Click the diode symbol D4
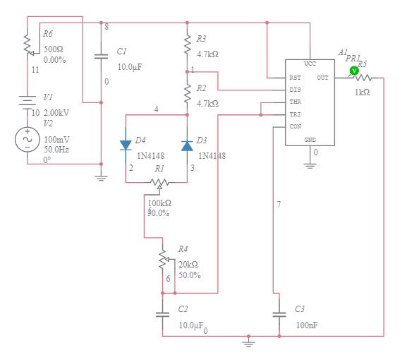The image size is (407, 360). point(126,145)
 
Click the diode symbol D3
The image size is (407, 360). point(187,145)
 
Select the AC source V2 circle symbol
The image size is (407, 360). point(28,139)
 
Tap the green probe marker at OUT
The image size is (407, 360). point(354,71)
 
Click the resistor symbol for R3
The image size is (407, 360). point(187,44)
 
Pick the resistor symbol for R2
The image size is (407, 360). point(187,92)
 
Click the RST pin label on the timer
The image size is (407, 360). point(296,78)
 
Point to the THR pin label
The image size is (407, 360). point(296,102)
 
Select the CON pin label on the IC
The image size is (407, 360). point(296,126)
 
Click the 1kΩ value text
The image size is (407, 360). point(362,92)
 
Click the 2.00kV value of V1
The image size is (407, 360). point(56,112)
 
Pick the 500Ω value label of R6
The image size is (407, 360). point(54,49)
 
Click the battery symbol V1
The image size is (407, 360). point(28,101)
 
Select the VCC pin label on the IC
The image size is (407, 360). point(310,64)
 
